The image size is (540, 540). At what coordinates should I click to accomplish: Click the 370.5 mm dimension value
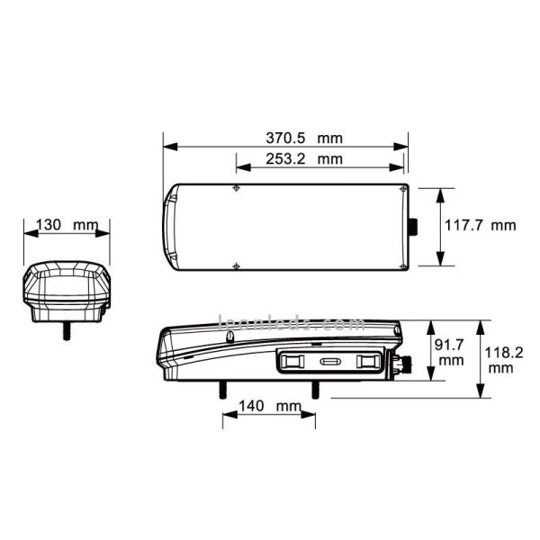coord(303,139)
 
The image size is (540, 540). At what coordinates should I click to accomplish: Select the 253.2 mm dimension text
coord(303,159)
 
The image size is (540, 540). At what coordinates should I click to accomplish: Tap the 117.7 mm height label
coord(481,225)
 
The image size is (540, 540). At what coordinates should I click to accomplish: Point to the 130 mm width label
coord(67,224)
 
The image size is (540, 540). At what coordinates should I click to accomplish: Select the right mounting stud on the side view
coord(315,388)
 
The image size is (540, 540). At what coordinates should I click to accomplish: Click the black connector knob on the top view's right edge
coord(416,227)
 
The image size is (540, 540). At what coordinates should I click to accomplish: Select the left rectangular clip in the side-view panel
coord(292,361)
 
